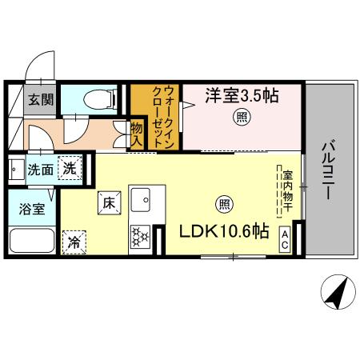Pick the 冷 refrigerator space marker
click(74, 240)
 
